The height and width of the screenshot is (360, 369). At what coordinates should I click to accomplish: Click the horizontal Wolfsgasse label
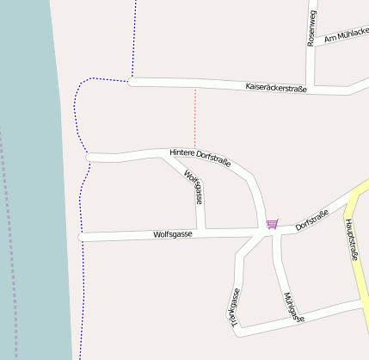point(173,233)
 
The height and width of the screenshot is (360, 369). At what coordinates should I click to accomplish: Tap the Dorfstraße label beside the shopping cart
point(312,220)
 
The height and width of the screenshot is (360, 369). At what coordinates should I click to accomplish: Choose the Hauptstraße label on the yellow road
point(351,240)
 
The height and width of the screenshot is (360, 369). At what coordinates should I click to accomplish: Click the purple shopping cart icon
point(272,224)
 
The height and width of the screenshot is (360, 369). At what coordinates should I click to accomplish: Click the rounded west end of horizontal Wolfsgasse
point(83,236)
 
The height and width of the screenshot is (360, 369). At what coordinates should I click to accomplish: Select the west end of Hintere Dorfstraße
point(90,157)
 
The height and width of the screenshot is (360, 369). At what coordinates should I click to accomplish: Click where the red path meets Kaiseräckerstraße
point(195,87)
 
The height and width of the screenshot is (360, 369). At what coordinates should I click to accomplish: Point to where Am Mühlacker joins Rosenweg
point(312,45)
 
